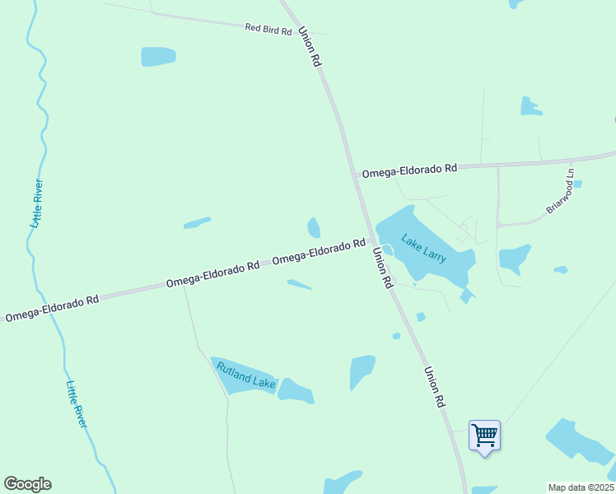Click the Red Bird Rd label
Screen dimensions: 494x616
coord(268,30)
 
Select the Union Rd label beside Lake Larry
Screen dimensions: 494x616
coord(383,268)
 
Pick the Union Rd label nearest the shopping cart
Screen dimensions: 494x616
coord(434,387)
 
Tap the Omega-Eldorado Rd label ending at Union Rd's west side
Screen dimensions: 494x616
coord(319,252)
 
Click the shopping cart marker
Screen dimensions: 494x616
coord(484,435)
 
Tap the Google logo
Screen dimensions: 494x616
coord(27,484)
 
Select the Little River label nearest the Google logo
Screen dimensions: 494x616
coord(76,403)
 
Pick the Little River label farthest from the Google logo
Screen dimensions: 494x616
coord(35,203)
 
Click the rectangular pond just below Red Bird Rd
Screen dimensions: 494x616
coord(158,56)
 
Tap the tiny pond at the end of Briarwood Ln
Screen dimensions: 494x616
coord(577,184)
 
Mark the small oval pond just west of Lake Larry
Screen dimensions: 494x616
coord(314,227)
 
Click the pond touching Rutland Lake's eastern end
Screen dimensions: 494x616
coord(296,391)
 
